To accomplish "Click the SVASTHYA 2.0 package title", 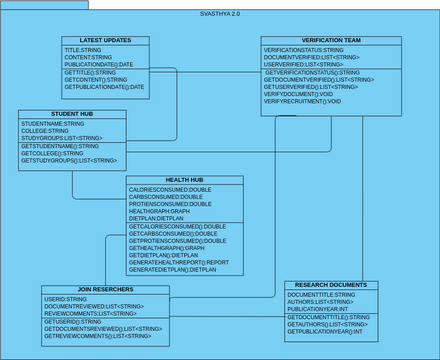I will (220, 14).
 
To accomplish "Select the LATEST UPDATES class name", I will (105, 40).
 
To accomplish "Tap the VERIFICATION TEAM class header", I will (317, 40).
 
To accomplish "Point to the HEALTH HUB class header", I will (185, 180).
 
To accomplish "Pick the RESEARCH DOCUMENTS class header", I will (331, 286).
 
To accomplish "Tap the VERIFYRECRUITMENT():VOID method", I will (302, 102).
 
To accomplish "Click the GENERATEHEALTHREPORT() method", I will (179, 263).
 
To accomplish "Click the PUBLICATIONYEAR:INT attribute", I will (318, 310).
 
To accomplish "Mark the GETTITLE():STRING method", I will (90, 73).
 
